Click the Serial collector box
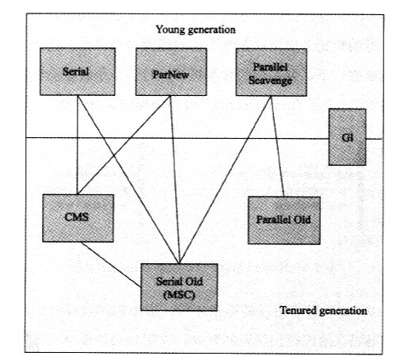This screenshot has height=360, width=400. point(78,71)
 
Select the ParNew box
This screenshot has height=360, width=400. point(171,72)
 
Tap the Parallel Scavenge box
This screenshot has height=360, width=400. point(271,72)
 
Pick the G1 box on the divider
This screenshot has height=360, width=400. point(347,137)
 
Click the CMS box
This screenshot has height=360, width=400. point(78,218)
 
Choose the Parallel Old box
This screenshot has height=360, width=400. point(284,220)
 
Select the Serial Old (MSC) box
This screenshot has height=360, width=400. point(179,287)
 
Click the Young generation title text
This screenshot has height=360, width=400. point(196,29)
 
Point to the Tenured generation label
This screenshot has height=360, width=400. point(323,310)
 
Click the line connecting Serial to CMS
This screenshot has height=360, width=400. point(78,145)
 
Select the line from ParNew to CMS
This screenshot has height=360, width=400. point(124,145)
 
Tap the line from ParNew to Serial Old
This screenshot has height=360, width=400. point(175,180)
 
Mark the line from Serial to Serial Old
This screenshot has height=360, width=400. point(128,179)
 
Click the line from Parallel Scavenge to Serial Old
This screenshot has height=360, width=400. point(225,180)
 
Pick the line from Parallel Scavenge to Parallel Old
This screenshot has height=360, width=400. point(278,147)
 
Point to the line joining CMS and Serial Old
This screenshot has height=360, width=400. point(111,264)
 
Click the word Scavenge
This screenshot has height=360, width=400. point(270,80)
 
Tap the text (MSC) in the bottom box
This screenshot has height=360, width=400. point(179,295)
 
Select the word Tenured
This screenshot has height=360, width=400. point(298,310)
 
